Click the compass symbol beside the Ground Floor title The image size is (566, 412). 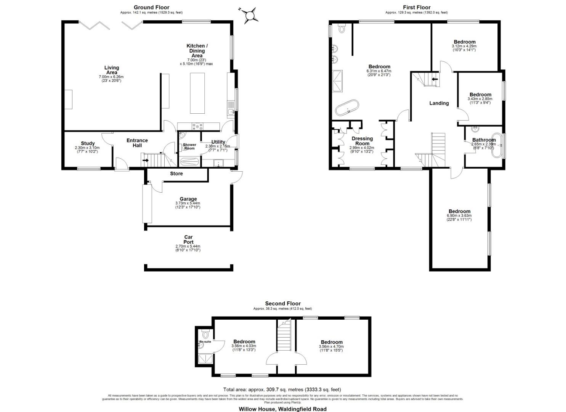[x=250, y=15]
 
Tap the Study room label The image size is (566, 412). [x=88, y=143]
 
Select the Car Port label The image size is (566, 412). [x=188, y=240]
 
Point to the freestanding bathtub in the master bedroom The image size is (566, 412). [x=347, y=108]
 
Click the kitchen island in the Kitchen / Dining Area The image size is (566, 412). [x=197, y=93]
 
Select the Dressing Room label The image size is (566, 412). [x=362, y=141]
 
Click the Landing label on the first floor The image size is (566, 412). [x=439, y=103]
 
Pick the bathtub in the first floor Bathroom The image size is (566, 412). [x=497, y=145]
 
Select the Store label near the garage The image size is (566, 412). [x=176, y=174]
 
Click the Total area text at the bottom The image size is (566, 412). [x=282, y=389]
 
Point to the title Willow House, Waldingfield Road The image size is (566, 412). [x=282, y=409]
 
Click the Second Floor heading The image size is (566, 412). [x=283, y=304]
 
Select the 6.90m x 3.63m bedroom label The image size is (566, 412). [x=459, y=211]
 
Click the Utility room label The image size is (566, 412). [x=218, y=142]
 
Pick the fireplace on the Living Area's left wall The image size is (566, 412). [x=68, y=99]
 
